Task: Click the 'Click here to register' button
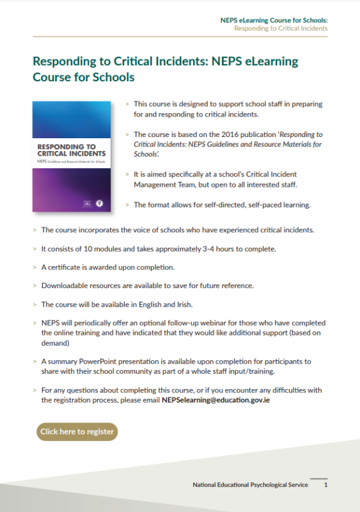(77, 431)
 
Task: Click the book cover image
(72, 156)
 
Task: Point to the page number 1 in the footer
(325, 485)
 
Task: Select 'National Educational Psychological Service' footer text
(250, 485)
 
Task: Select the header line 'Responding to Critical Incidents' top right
(281, 29)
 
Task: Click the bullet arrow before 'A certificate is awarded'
(35, 267)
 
